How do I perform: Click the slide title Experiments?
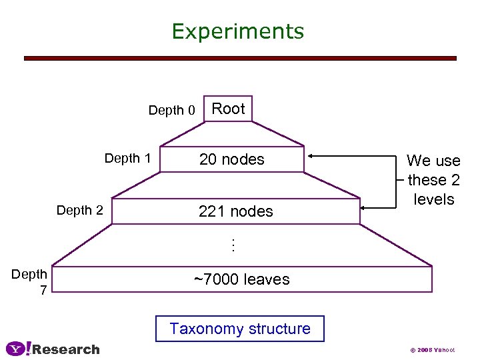point(237,31)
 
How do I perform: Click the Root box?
point(228,109)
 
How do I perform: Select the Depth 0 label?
point(171,111)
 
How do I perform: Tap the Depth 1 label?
point(127,159)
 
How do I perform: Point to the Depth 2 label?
point(79,211)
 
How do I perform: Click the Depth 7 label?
point(29,281)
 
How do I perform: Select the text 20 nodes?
point(232,160)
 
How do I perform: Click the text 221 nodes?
point(236,211)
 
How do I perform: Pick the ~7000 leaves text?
point(241,279)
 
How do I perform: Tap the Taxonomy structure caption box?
point(239,329)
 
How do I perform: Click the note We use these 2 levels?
point(433,180)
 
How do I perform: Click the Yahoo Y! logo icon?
point(18,349)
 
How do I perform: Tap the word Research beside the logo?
point(66,349)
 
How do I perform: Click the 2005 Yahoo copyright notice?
point(433,350)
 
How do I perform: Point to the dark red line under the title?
point(240,59)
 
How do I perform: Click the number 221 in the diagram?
point(213,211)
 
